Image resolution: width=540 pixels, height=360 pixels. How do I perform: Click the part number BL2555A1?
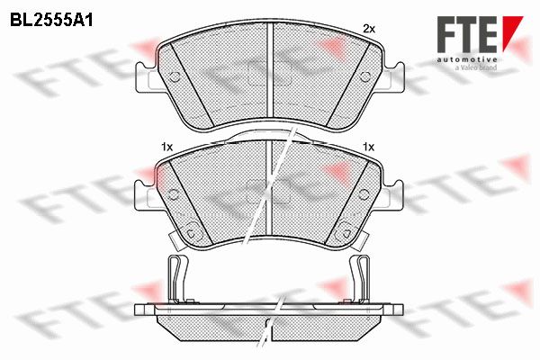pos(51,21)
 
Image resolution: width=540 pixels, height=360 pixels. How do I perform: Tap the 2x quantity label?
pos(369,30)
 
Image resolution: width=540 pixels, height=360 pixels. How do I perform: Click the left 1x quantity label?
pos(166,147)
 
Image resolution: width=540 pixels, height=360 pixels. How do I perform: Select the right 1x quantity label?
pos(368,147)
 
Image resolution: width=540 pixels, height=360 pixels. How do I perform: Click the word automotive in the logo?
pos(467,59)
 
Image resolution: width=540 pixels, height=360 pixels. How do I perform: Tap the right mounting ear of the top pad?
pos(391,77)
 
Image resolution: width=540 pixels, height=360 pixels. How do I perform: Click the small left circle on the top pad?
pos(175,77)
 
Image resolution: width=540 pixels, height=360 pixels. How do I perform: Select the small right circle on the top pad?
pos(364,76)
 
